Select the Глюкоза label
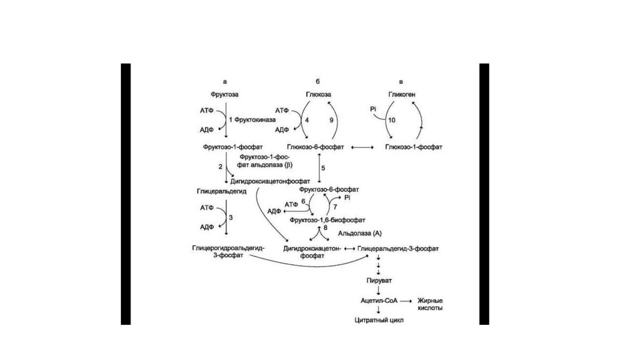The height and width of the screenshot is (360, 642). tap(318, 95)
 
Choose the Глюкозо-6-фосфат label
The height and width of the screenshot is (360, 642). tap(319, 146)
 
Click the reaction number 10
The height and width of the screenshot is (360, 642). tap(392, 119)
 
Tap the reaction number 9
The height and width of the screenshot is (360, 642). tap(332, 119)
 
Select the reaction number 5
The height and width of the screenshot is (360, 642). tap(324, 168)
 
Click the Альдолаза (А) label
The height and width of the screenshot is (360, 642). tap(360, 233)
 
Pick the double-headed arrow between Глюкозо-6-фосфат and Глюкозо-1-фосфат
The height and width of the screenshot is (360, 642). tap(362, 147)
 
